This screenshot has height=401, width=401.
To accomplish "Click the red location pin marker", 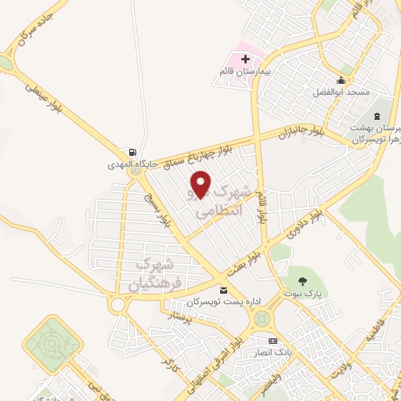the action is [x=200, y=184].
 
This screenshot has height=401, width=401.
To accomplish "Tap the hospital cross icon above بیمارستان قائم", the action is [x=246, y=60].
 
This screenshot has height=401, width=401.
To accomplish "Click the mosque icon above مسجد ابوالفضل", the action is [x=341, y=81].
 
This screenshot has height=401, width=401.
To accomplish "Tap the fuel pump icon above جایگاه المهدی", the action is [x=132, y=153].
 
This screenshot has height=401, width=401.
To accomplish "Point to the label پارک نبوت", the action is [x=305, y=294].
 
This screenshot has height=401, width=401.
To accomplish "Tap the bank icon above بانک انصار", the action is [x=273, y=341].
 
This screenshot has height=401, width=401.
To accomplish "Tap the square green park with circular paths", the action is [x=52, y=342].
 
